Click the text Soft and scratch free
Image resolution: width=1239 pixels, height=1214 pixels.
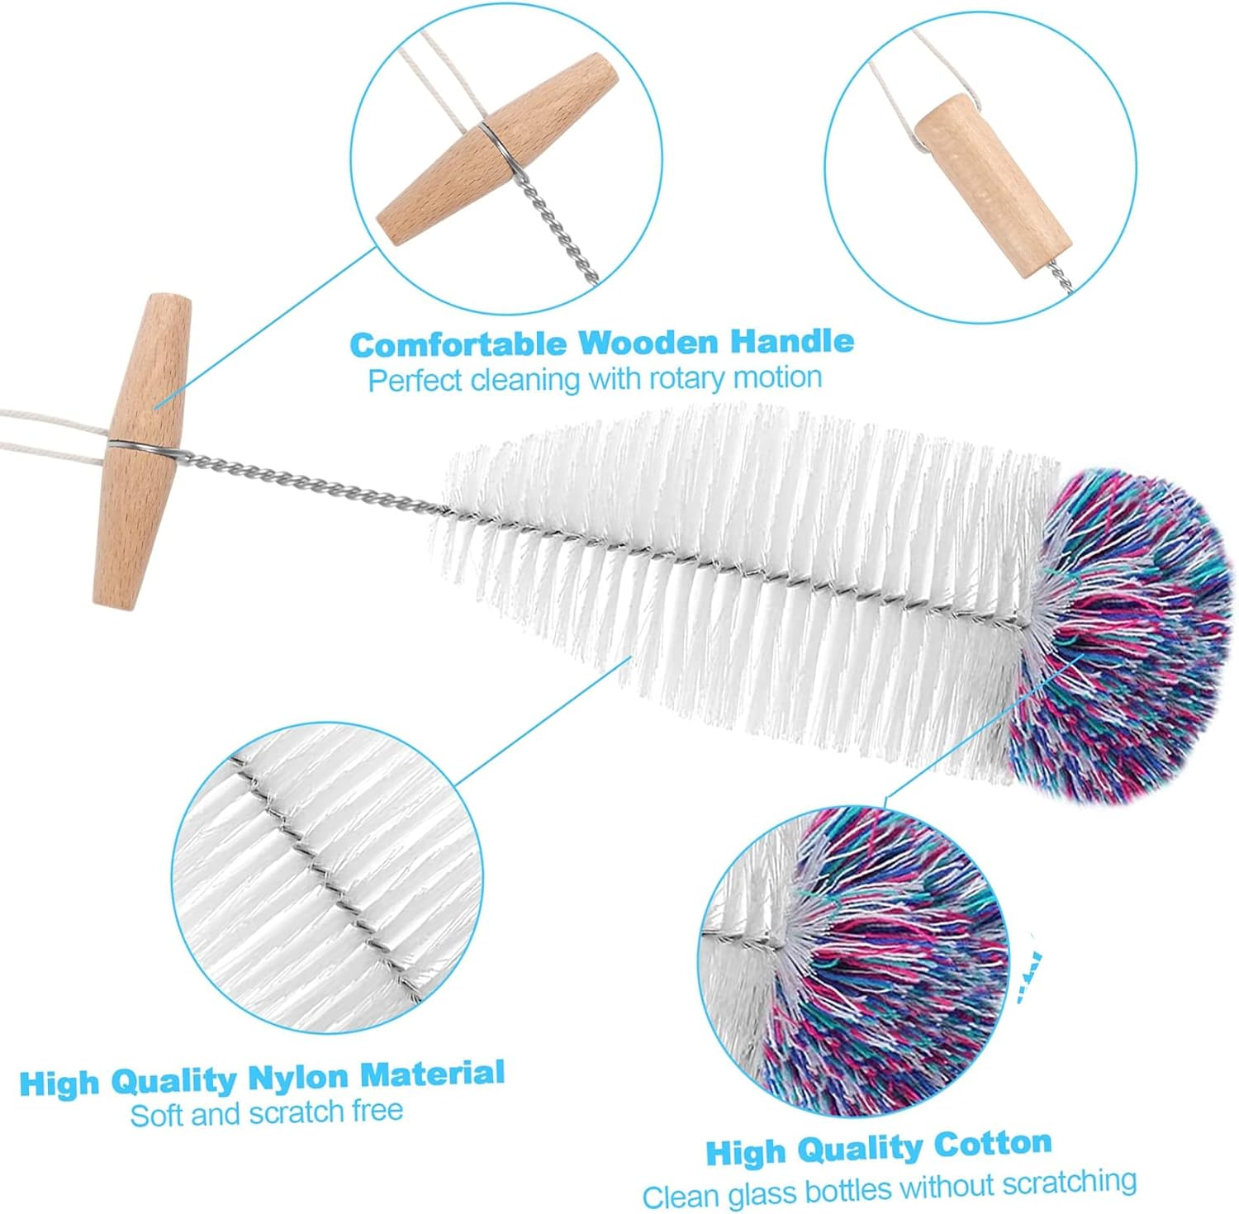(x=266, y=1113)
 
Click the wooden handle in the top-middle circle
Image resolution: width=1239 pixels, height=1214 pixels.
(x=496, y=149)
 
